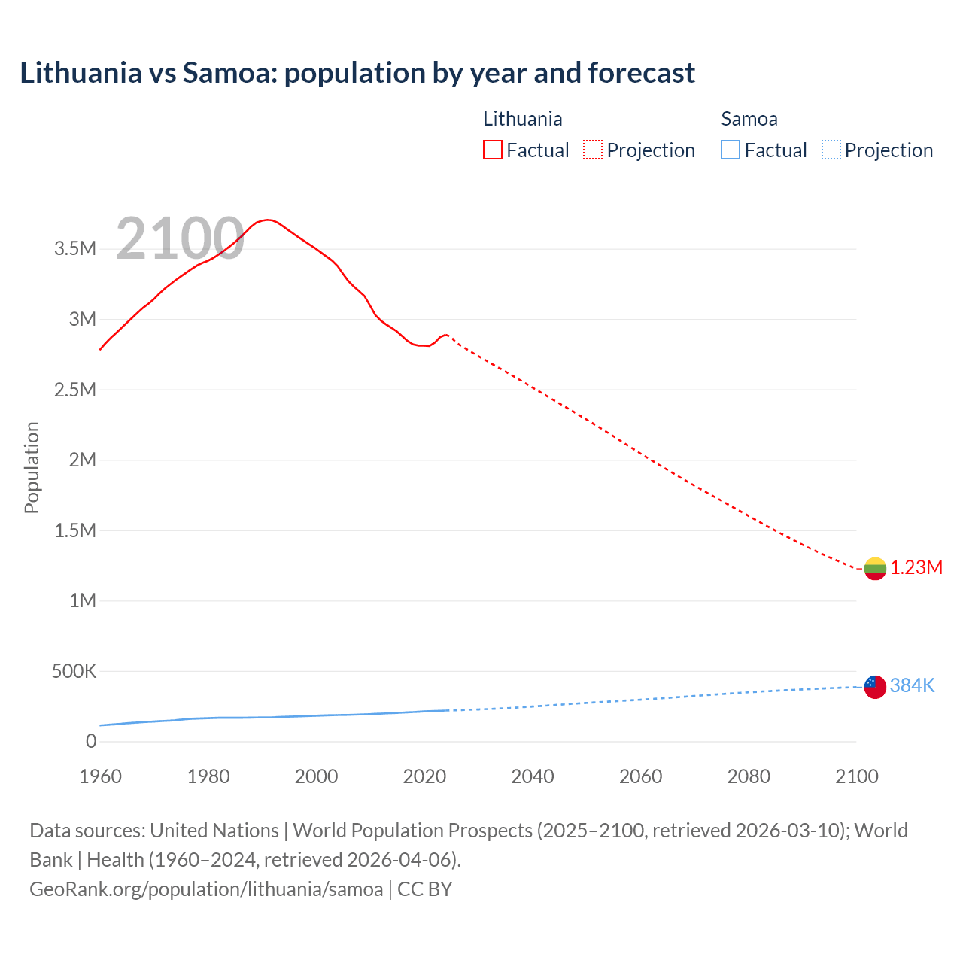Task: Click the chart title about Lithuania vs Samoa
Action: click(x=357, y=73)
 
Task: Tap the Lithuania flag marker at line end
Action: click(x=875, y=569)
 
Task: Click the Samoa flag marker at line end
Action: click(x=875, y=686)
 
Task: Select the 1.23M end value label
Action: click(x=916, y=568)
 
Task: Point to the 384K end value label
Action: click(x=912, y=686)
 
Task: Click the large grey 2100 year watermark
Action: click(x=180, y=239)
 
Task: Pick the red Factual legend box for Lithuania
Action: click(x=493, y=150)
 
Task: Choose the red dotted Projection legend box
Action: click(x=593, y=150)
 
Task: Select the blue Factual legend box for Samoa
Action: click(x=731, y=150)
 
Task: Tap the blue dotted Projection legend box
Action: click(x=831, y=150)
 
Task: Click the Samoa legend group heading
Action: click(x=749, y=119)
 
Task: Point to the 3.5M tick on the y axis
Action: click(x=75, y=249)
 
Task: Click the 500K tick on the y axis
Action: click(x=74, y=671)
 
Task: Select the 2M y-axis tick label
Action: click(x=83, y=460)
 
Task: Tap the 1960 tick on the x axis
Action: click(x=100, y=776)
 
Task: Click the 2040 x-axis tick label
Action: click(x=533, y=776)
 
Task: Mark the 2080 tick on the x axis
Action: click(x=749, y=776)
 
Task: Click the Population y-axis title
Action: click(x=32, y=467)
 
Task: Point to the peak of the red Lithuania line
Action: click(x=267, y=220)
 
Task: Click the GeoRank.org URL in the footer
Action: click(x=206, y=889)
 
